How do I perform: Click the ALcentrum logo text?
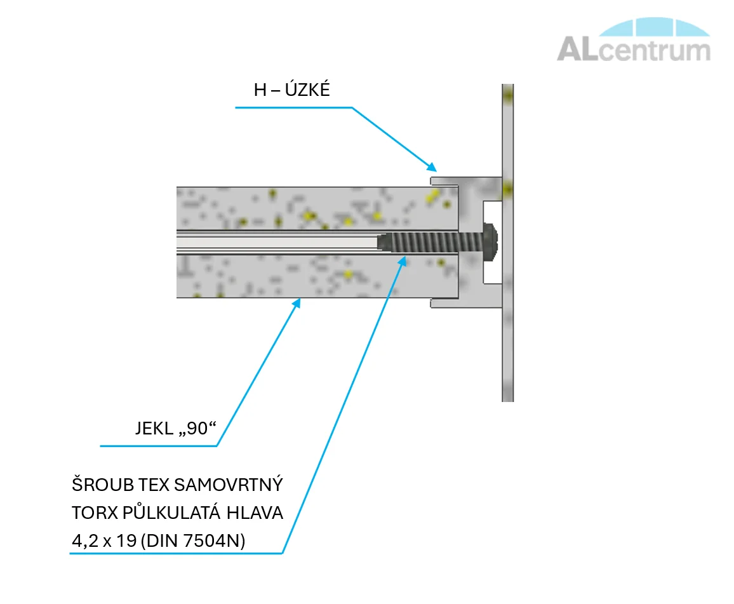(633, 50)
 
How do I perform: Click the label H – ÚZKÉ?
(291, 90)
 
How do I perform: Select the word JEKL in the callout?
(153, 429)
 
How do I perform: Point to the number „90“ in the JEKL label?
(197, 429)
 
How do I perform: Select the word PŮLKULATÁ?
(177, 513)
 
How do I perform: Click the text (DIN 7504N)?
(194, 541)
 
